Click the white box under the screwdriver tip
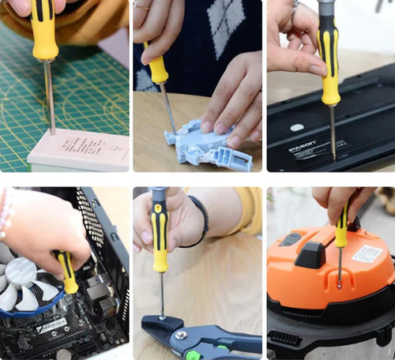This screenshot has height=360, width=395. click(x=79, y=149)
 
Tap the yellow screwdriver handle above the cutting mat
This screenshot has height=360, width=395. click(x=44, y=32)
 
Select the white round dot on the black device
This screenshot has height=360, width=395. click(x=296, y=127)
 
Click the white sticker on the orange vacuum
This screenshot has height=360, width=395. click(x=367, y=254)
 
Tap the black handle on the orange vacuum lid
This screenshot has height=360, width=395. click(x=309, y=253)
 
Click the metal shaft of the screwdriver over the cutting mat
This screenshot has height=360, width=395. click(x=49, y=95)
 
